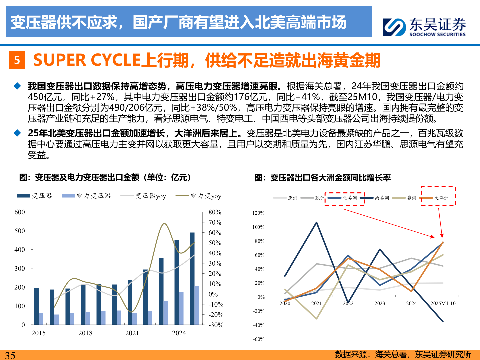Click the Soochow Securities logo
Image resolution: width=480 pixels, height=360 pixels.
pos(424,27)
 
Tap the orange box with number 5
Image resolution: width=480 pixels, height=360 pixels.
pos(17,60)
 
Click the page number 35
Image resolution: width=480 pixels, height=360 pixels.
pos(10,355)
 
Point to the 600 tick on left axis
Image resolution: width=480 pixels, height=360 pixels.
pos(20,212)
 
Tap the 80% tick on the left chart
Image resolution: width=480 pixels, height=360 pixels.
pos(215,212)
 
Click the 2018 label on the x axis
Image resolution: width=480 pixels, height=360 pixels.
pos(85,333)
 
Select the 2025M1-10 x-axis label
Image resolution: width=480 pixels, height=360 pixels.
pos(443,303)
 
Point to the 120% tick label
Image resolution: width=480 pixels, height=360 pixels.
pos(258,213)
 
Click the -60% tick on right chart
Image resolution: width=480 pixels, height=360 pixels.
pos(259,339)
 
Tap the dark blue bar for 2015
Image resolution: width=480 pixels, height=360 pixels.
pos(36,306)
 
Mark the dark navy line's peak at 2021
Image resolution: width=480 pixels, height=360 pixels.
pos(316,222)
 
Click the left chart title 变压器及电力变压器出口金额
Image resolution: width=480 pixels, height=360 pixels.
pos(105,177)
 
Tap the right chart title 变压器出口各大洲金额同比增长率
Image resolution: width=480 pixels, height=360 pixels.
pos(322,178)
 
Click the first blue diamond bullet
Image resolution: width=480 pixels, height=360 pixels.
pos(17,86)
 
